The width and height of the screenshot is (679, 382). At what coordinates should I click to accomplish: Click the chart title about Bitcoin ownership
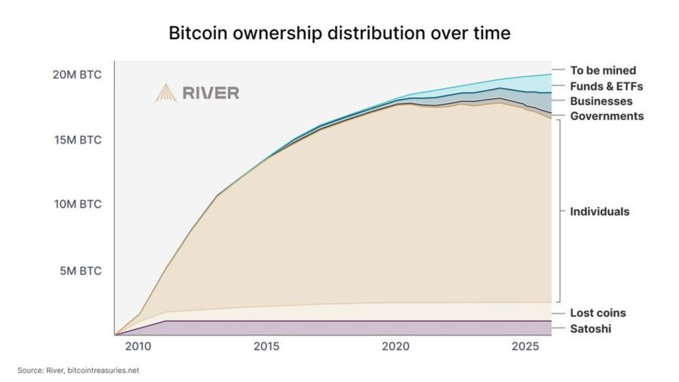pos(339,32)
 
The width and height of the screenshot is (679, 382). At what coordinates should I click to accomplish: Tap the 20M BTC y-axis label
pos(78,75)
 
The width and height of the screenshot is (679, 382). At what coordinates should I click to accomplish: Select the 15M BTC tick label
pos(78,140)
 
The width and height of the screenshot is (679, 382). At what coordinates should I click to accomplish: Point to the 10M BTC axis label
pos(78,204)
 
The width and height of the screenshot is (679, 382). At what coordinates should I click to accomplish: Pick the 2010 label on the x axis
pos(139,347)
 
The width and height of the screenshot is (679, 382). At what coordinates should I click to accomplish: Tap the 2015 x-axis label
pos(267,347)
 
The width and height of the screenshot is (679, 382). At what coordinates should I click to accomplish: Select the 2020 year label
pos(396,347)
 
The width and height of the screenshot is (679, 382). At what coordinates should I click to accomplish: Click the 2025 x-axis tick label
pos(525,347)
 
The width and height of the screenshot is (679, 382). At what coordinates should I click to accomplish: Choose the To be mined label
pos(603,70)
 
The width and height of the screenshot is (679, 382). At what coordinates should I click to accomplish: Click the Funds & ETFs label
pos(606,86)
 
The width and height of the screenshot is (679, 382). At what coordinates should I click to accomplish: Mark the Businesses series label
pos(601,101)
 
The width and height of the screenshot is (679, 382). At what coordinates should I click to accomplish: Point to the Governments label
pos(607,116)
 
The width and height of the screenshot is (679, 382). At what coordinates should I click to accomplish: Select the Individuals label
pos(599,212)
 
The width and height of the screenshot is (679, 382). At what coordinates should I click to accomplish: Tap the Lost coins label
pos(597,313)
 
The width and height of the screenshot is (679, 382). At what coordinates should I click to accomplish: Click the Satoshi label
pos(590,329)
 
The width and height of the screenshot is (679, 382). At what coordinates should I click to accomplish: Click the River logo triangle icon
pos(166,93)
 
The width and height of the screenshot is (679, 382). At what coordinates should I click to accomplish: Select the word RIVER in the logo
pos(210,93)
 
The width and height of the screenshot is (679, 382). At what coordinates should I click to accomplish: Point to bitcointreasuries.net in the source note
pos(108,371)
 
